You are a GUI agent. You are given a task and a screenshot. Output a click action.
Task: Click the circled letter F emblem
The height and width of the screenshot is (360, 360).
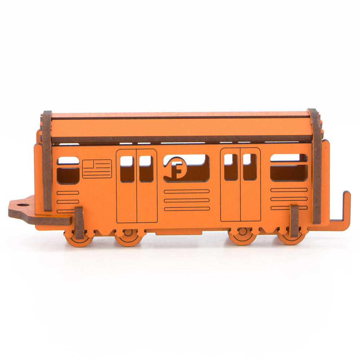176,168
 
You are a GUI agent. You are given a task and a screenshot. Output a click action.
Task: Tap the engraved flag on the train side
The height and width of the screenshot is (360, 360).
97,168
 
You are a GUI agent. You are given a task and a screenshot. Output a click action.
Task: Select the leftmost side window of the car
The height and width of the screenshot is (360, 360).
68,170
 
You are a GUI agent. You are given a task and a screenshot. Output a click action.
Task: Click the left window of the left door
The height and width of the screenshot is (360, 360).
127,168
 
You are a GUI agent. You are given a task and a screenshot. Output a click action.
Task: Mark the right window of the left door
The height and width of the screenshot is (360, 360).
146,168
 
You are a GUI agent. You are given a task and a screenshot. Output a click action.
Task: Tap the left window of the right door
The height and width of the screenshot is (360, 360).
231,167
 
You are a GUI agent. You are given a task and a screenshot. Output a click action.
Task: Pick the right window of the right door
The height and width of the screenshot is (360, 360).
249,167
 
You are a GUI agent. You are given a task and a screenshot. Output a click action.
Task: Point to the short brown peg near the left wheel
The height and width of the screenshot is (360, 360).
79,223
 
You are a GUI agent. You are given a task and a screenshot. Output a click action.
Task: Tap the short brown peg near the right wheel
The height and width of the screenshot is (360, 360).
294,221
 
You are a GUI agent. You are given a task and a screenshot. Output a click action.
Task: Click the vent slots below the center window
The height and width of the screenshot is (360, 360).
186,200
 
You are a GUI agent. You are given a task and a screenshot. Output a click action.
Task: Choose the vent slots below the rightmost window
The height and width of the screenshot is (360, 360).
289,199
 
